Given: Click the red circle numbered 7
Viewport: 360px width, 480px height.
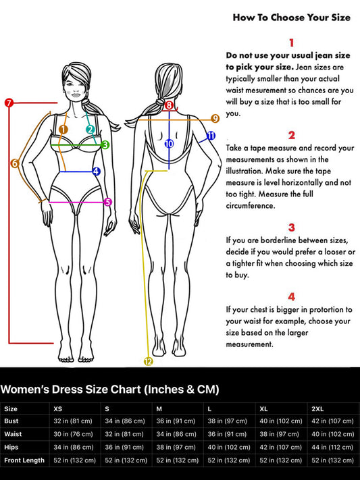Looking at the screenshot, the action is (9, 103).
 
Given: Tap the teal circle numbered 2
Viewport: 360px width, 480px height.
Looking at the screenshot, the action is (90, 130).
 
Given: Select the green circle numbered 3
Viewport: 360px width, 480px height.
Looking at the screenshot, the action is (105, 144).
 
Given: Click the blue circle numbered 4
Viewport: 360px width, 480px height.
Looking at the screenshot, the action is (96, 171).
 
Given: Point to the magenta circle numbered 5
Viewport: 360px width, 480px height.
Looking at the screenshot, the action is (108, 202).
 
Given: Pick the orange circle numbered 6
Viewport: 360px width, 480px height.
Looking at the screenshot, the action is (14, 163).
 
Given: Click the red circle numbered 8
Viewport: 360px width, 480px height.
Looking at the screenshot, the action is (169, 105).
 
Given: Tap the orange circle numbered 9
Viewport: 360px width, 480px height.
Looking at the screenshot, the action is (215, 118).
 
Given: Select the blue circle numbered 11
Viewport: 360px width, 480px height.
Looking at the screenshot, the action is (211, 136).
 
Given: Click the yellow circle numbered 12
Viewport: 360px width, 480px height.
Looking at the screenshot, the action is (149, 362).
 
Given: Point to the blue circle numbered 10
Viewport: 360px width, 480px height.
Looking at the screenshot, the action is (169, 143).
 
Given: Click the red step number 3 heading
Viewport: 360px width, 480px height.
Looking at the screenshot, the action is (291, 228).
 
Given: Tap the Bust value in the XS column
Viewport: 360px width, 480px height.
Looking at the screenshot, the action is (73, 421).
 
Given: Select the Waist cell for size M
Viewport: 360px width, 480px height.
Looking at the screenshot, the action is (176, 434).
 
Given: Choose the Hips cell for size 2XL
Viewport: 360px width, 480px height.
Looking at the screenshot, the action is (332, 447).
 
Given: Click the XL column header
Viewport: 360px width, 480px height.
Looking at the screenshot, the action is (263, 409).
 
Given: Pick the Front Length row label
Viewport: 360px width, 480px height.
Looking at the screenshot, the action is (24, 460).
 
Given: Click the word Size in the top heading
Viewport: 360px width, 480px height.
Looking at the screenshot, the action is (340, 18).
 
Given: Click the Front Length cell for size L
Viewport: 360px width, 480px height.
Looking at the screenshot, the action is (228, 460).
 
